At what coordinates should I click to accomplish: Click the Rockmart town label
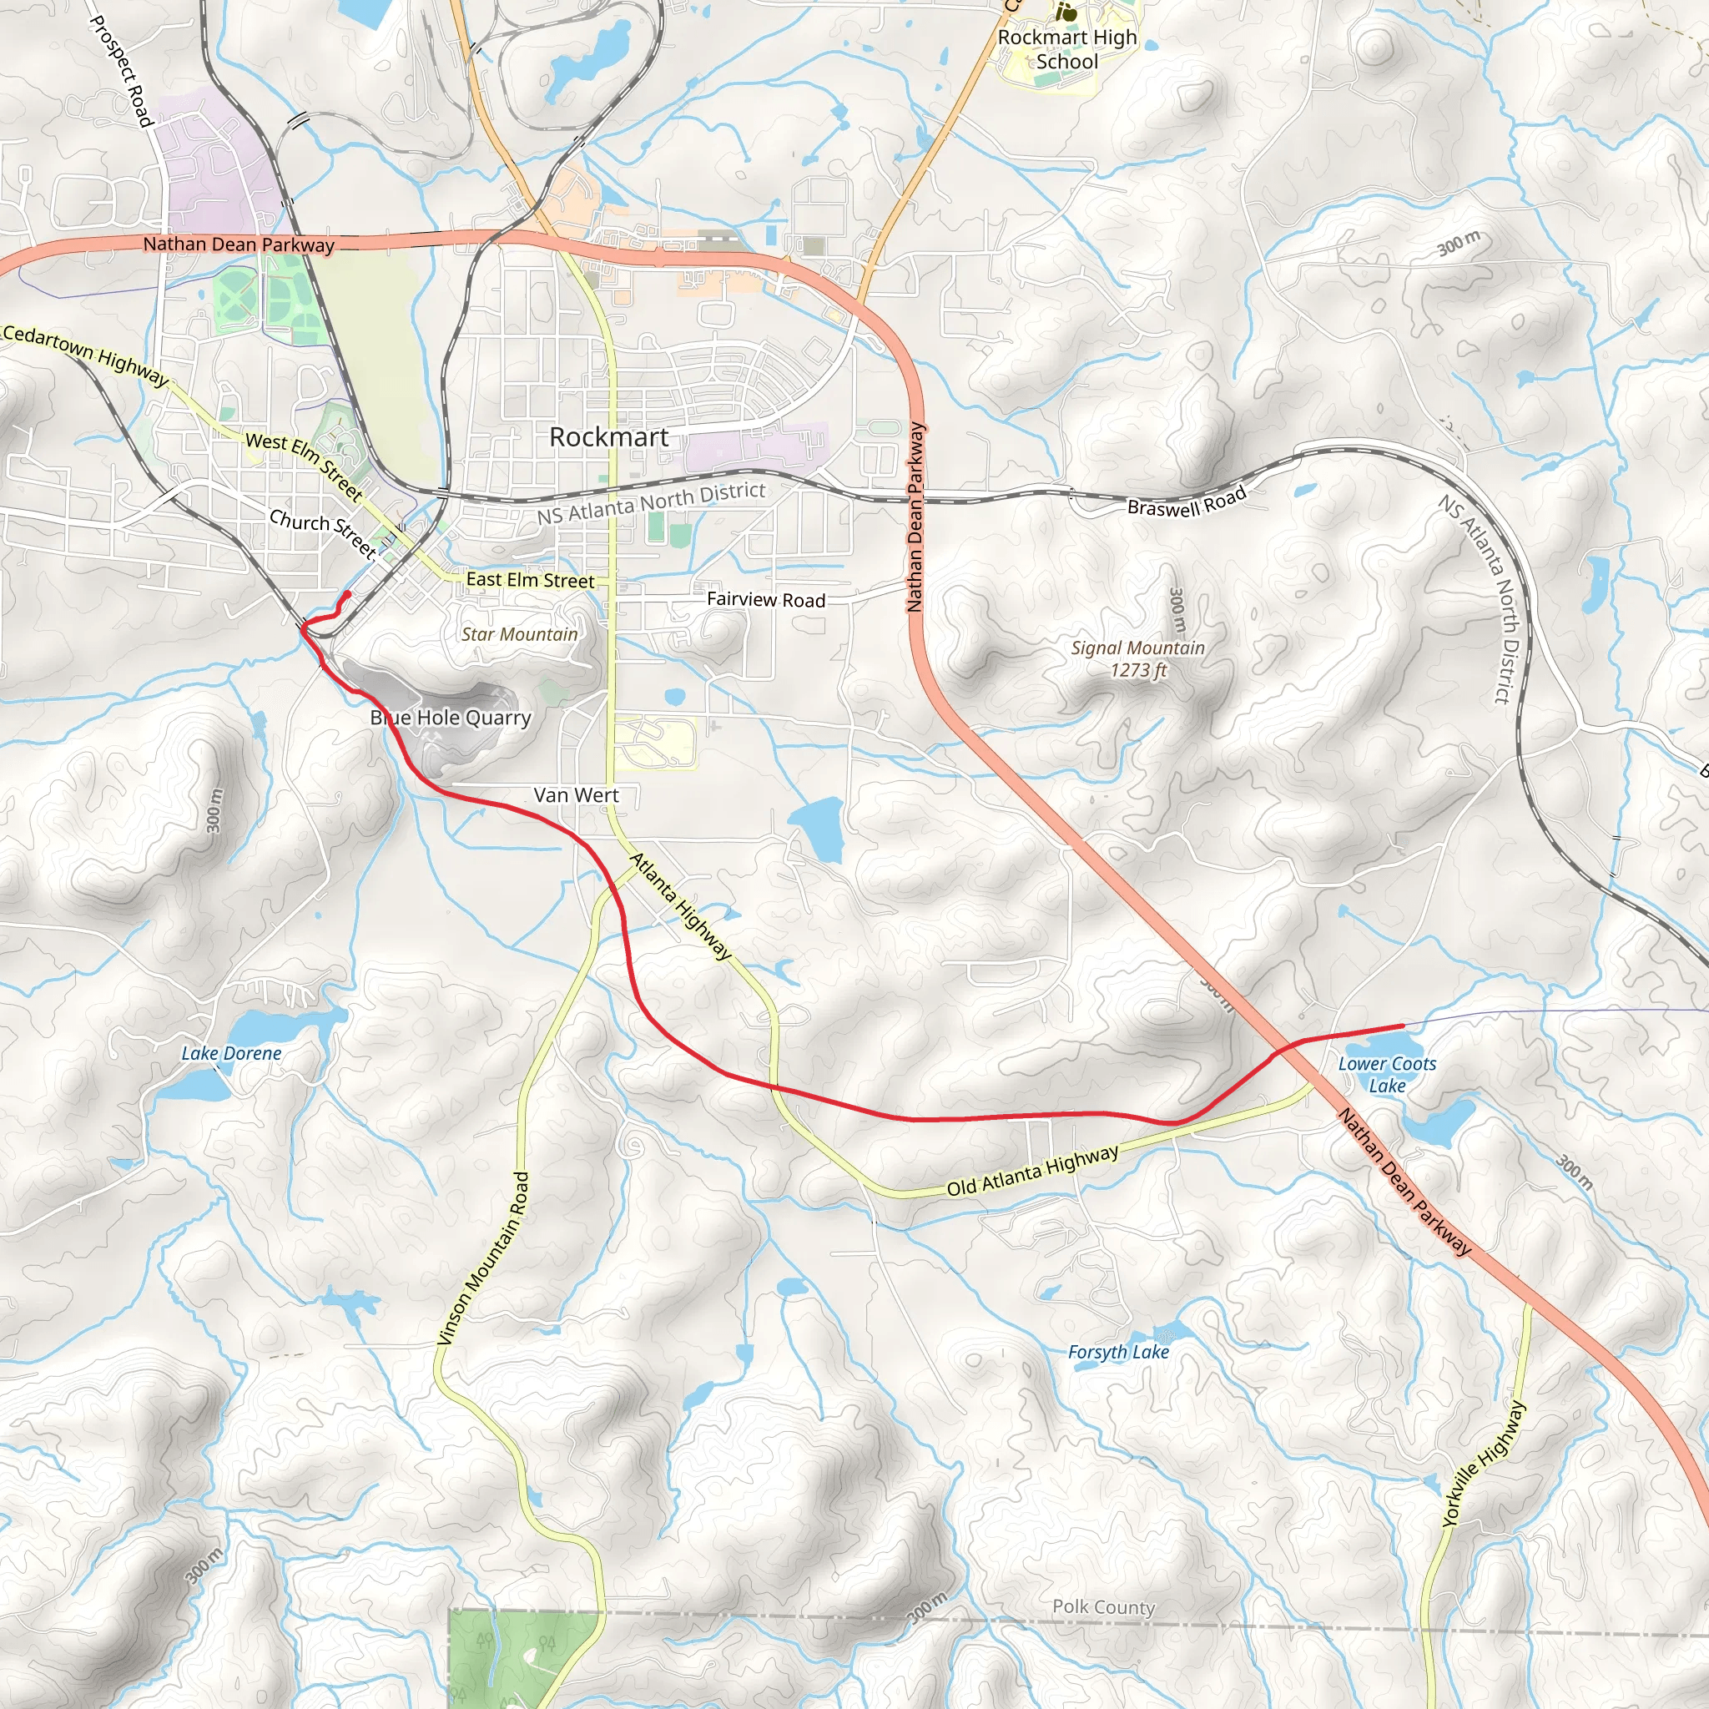(608, 437)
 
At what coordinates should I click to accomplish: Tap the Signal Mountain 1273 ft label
(1137, 659)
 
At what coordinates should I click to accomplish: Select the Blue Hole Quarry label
(451, 718)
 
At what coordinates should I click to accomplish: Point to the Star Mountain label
(519, 634)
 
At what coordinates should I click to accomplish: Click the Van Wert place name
(576, 795)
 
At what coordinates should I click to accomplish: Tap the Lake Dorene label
(232, 1054)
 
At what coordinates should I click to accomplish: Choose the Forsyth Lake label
(1118, 1352)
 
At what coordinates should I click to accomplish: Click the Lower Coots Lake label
(1387, 1075)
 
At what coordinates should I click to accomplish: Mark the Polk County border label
(1103, 1607)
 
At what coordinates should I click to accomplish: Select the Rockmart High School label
(1066, 49)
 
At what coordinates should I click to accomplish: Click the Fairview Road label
(766, 600)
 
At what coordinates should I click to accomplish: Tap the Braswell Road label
(1187, 502)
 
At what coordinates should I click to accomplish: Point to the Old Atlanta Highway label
(1032, 1171)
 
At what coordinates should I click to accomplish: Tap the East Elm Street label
(530, 580)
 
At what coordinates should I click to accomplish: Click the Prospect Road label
(122, 71)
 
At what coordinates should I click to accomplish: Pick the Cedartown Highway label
(85, 355)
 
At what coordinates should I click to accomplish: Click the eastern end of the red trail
(1403, 1026)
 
